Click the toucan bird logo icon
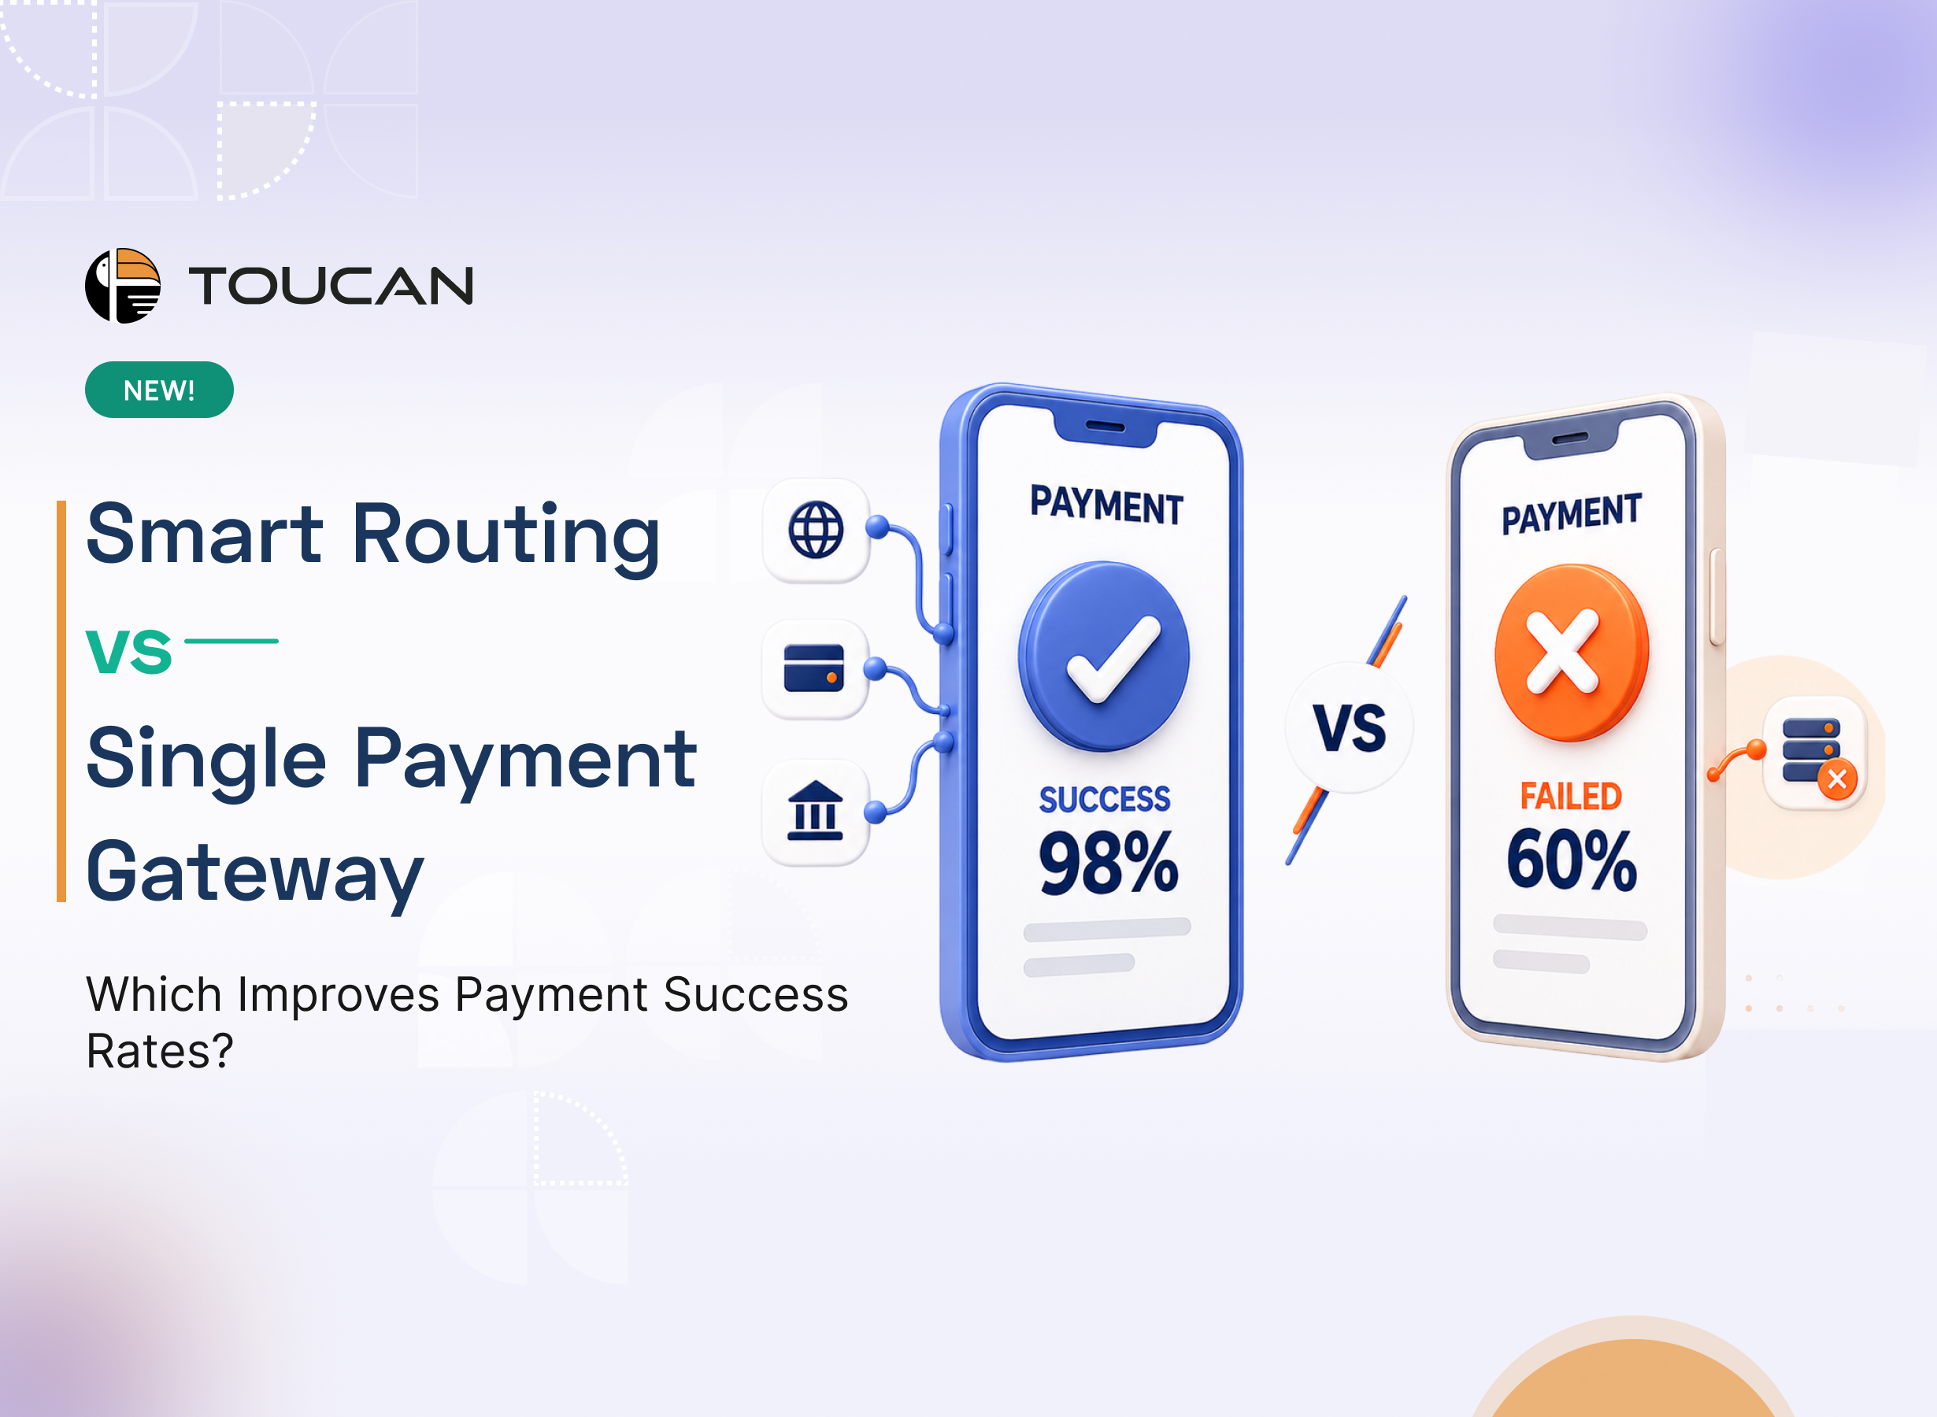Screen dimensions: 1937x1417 point(123,286)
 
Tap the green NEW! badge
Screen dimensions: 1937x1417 point(160,390)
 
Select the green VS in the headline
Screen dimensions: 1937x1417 point(128,652)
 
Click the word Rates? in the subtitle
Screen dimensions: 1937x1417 point(160,1052)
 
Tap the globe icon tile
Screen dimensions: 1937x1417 point(816,530)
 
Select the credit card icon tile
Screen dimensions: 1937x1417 point(815,669)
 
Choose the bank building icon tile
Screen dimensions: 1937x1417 point(815,812)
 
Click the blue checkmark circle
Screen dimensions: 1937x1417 point(1104,657)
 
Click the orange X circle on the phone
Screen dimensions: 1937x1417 point(1572,653)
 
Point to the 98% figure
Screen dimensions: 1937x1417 point(1109,863)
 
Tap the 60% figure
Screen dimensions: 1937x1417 point(1572,859)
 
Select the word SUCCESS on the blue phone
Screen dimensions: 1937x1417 point(1105,799)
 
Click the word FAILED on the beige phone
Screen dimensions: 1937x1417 point(1571,796)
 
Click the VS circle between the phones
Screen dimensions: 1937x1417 point(1350,727)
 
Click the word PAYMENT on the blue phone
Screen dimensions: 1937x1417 point(1106,505)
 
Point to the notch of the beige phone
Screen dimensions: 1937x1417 point(1570,439)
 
